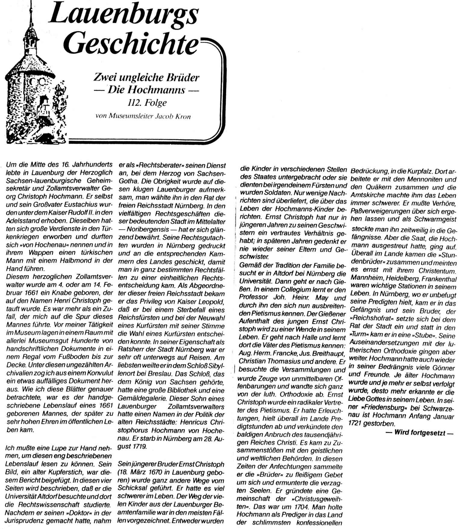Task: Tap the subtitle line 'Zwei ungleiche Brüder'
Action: click(x=146, y=77)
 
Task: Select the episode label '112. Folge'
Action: click(x=147, y=103)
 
